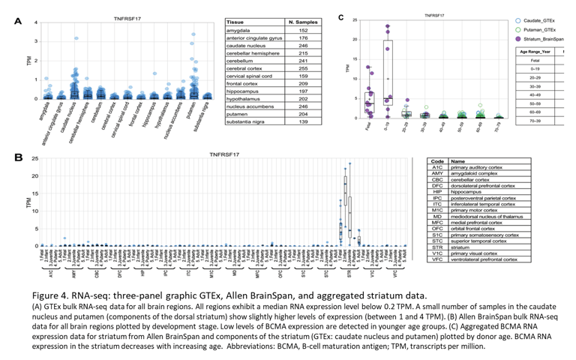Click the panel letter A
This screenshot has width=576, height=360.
tap(17, 21)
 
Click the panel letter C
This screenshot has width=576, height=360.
tap(342, 16)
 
